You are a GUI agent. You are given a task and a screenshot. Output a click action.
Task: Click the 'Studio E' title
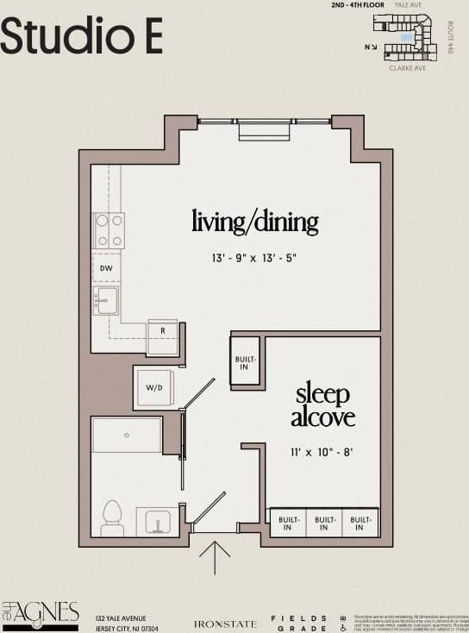pyautogui.click(x=81, y=35)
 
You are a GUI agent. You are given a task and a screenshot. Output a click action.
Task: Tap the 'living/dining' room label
pyautogui.click(x=254, y=222)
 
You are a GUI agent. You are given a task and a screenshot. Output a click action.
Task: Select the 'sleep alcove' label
pyautogui.click(x=322, y=406)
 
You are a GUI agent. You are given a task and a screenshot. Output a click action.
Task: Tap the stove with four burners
pyautogui.click(x=109, y=230)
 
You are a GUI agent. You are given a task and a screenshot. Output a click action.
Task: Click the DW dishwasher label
pyautogui.click(x=106, y=268)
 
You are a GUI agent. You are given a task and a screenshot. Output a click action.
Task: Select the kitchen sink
pyautogui.click(x=108, y=300)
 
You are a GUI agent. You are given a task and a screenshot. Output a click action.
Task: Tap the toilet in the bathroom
pyautogui.click(x=112, y=517)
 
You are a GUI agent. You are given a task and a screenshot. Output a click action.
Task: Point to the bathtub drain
pyautogui.click(x=127, y=436)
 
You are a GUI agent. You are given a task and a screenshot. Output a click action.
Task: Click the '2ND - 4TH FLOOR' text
pyautogui.click(x=358, y=5)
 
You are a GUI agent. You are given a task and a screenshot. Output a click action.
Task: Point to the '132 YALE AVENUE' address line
pyautogui.click(x=121, y=617)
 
